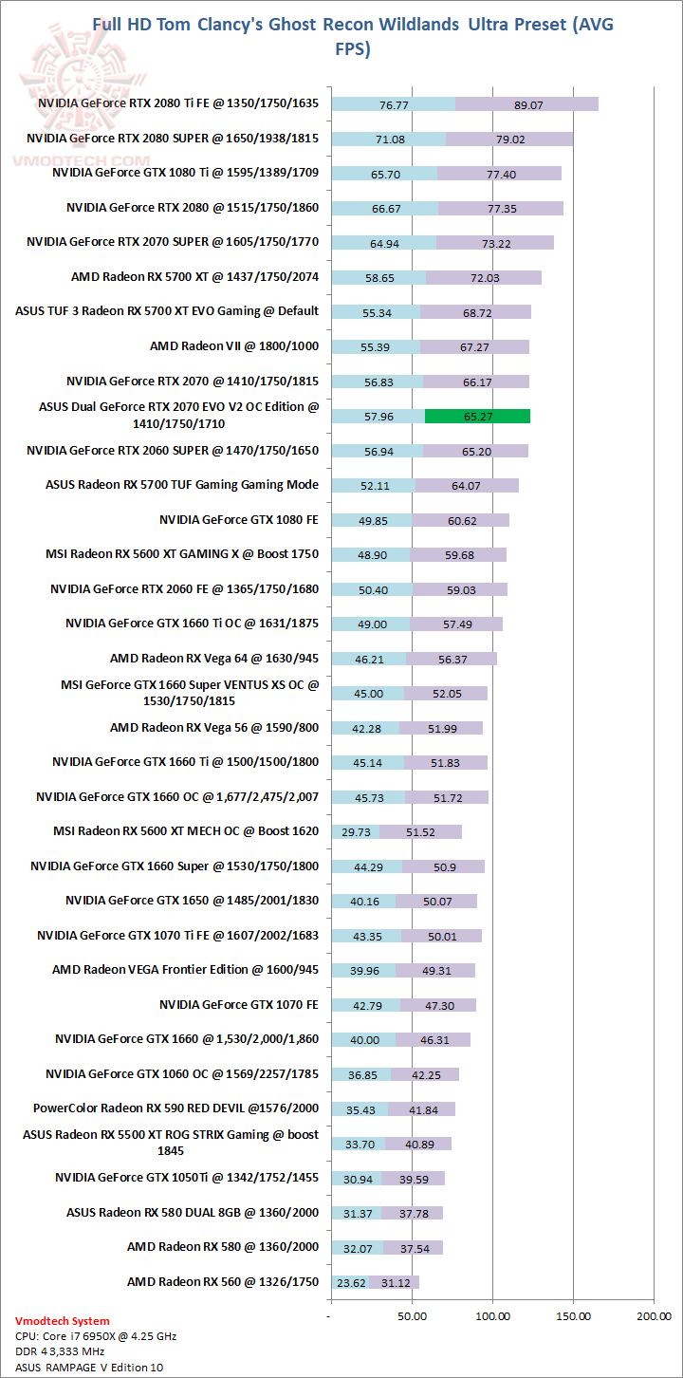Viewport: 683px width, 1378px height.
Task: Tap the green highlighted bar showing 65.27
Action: (477, 416)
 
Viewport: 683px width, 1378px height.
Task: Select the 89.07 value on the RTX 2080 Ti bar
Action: (527, 105)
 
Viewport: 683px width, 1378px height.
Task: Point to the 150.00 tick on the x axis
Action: (573, 1316)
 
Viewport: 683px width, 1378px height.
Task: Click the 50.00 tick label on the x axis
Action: (412, 1316)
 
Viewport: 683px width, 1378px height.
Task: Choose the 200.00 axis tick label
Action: (654, 1316)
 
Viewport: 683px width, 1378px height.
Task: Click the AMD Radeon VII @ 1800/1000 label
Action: (234, 346)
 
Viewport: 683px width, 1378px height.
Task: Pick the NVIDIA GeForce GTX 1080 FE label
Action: (239, 519)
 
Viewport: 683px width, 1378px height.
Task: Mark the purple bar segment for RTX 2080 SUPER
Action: (509, 140)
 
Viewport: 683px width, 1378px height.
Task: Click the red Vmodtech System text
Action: (63, 1320)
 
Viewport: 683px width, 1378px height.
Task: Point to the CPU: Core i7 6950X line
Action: (96, 1336)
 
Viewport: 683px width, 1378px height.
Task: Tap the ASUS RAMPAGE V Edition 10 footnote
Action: (83, 1367)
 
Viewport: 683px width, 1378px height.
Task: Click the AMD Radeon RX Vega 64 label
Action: (214, 658)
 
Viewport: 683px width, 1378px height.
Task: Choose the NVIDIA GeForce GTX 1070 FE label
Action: (239, 1004)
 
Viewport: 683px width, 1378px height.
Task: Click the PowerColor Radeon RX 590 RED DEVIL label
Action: (175, 1108)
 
